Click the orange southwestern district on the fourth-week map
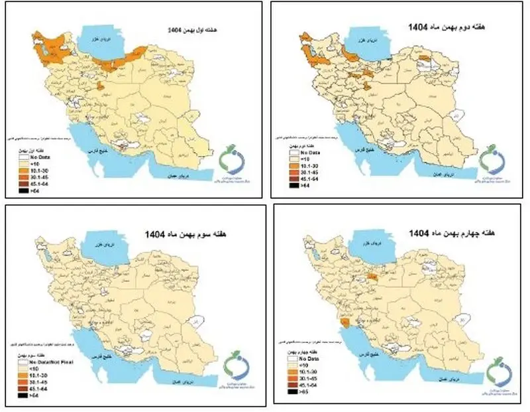346,323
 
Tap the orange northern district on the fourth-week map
374,273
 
